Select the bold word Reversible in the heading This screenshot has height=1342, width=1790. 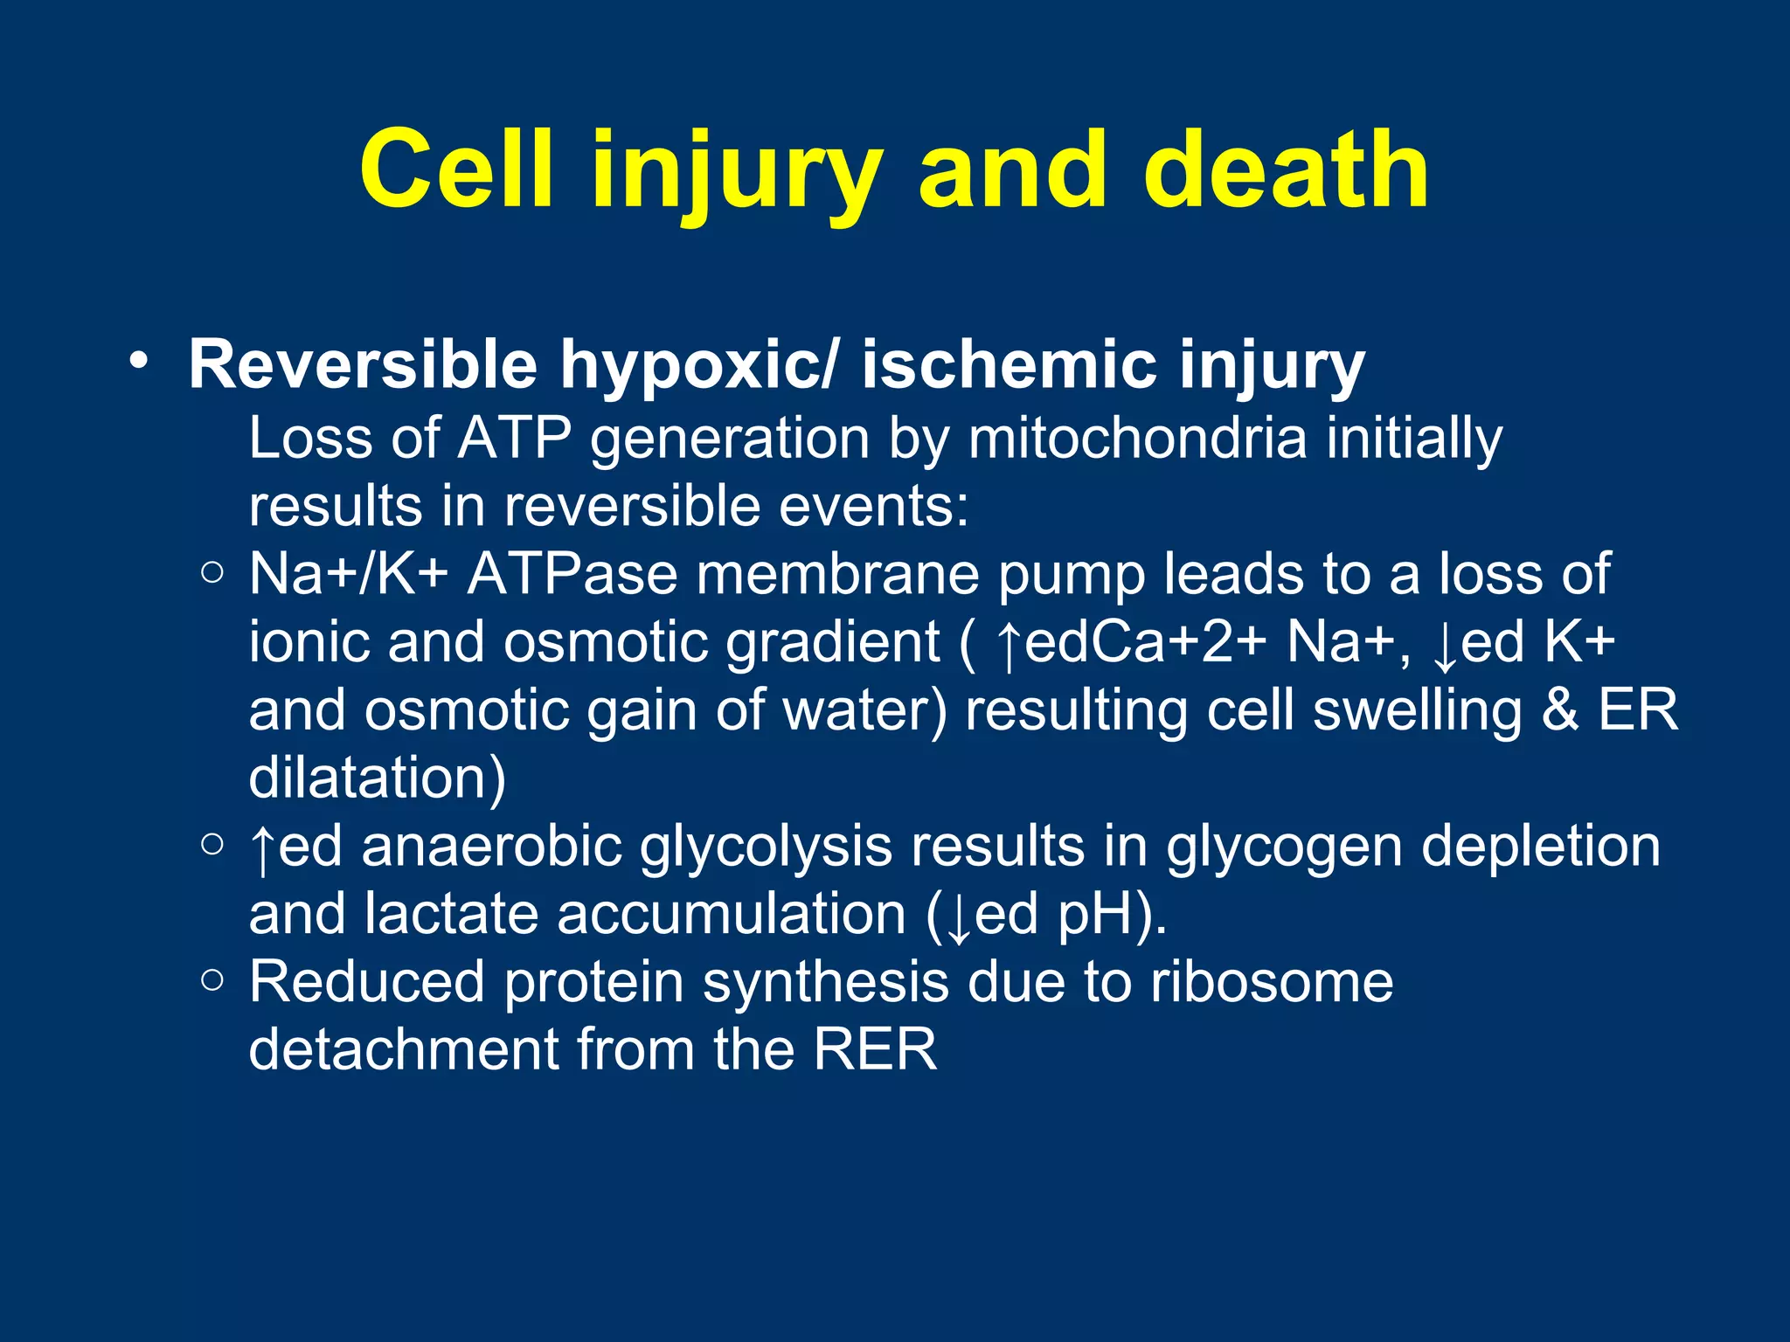coord(363,364)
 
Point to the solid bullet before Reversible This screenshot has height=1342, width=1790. coord(138,361)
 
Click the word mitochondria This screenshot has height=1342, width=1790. coord(1136,438)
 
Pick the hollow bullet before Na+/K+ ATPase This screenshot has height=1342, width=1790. coord(212,573)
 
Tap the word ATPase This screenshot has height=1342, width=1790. coord(572,574)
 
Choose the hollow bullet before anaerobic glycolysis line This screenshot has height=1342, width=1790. coord(212,844)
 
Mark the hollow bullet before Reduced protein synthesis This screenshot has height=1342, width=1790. coord(212,980)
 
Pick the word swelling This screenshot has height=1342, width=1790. coord(1418,710)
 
